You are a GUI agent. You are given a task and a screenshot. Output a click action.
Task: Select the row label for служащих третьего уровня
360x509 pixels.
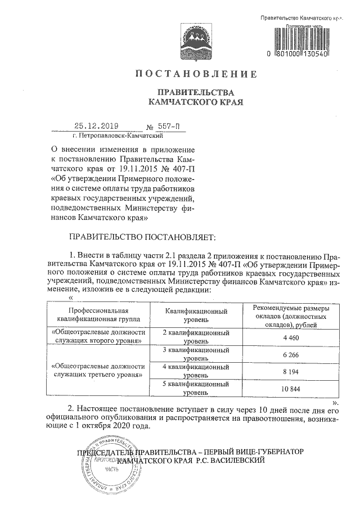pyautogui.click(x=95, y=369)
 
